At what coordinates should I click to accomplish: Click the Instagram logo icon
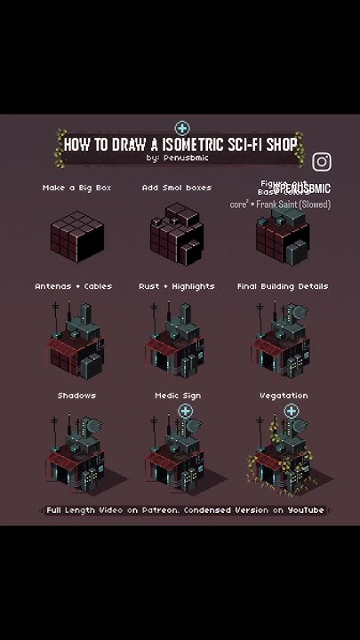(x=322, y=161)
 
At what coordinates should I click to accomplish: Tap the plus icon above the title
(x=182, y=128)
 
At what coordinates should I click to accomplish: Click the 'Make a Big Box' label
(x=77, y=188)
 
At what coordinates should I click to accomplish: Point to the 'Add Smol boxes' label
(x=177, y=188)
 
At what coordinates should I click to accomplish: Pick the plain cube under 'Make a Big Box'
(x=77, y=234)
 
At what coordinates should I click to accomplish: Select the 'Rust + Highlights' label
(x=177, y=286)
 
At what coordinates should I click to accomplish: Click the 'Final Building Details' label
(x=283, y=286)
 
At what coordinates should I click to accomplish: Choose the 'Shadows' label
(x=77, y=395)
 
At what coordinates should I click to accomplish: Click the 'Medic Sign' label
(x=178, y=395)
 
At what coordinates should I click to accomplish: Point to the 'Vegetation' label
(x=284, y=395)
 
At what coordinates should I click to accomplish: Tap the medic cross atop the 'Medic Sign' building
(x=185, y=411)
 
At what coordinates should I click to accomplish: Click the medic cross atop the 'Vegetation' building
(x=292, y=411)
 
